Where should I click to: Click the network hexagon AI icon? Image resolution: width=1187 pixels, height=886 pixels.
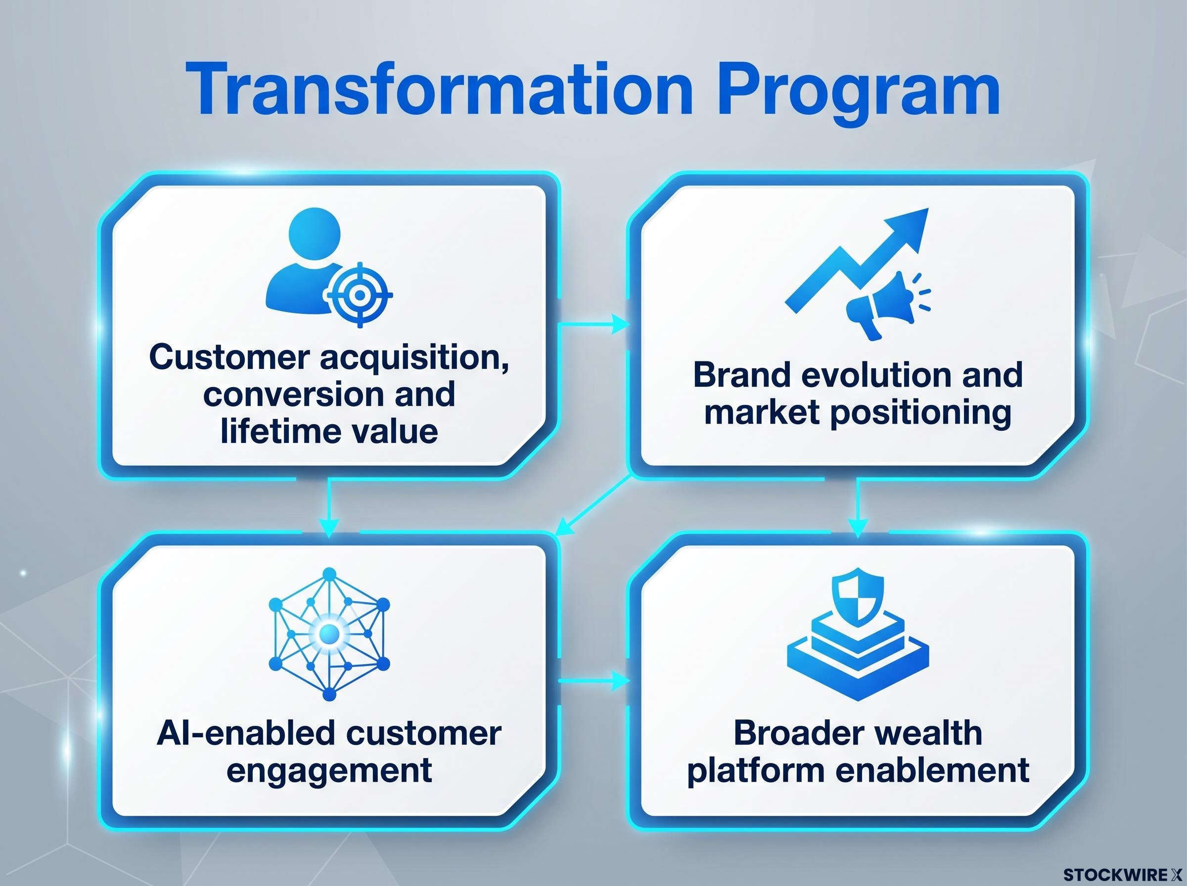[x=329, y=634]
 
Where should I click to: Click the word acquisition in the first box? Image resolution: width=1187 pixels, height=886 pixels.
[x=414, y=358]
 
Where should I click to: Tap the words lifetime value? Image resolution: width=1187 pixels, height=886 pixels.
[x=329, y=431]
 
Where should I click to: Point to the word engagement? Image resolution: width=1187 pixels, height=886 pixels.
[x=329, y=771]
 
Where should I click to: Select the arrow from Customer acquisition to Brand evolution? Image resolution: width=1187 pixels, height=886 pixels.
[x=593, y=324]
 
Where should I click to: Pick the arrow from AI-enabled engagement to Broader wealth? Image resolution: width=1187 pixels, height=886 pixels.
[x=593, y=681]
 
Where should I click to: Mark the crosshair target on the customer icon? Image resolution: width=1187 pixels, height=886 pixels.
[x=360, y=295]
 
